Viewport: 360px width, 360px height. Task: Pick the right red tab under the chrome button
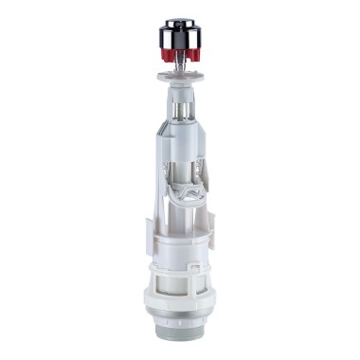click(195, 58)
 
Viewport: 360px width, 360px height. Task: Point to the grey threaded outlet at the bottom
click(181, 343)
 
